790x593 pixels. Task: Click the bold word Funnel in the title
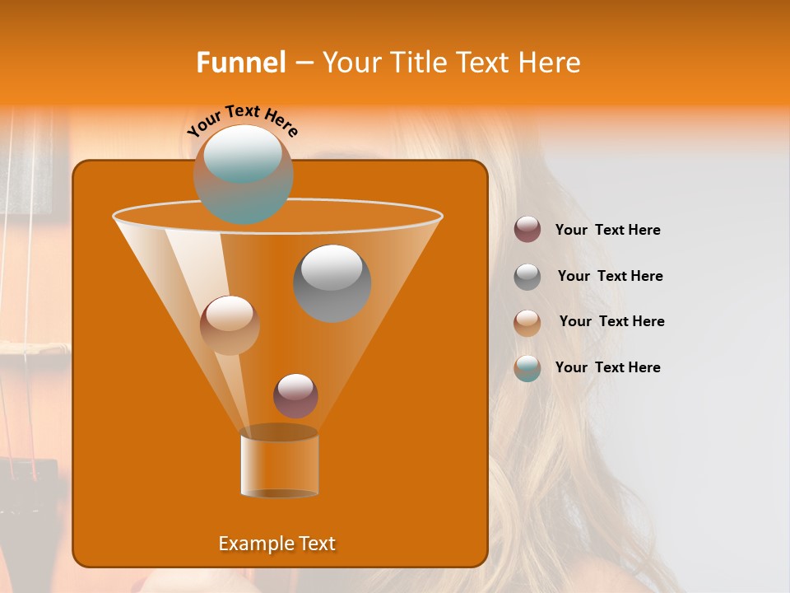[240, 63]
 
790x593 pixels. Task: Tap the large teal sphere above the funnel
[244, 174]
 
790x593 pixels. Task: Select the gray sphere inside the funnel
[332, 283]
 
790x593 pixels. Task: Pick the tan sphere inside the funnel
[230, 325]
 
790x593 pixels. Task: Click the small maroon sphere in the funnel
[295, 395]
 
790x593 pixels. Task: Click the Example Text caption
[276, 544]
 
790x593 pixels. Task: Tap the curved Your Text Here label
[243, 119]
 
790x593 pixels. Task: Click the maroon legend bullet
[527, 230]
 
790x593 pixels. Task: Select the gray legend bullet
[527, 277]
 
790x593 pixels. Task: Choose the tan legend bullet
[527, 323]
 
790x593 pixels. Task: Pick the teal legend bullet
[527, 368]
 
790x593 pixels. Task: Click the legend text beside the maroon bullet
[607, 230]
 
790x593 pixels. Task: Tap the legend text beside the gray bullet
[610, 276]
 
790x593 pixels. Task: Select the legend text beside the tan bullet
[611, 321]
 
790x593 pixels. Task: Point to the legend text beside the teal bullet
[607, 367]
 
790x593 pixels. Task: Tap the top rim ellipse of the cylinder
[279, 432]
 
